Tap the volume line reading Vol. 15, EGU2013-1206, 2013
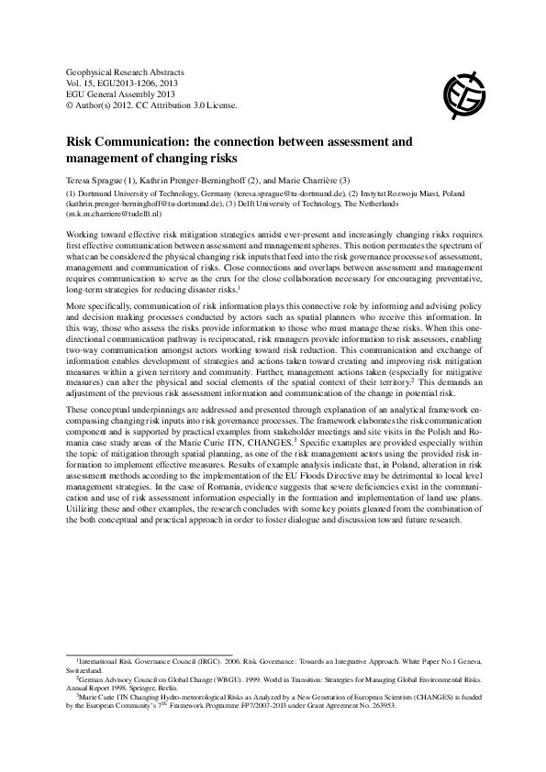[128, 83]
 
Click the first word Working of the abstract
[82, 235]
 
